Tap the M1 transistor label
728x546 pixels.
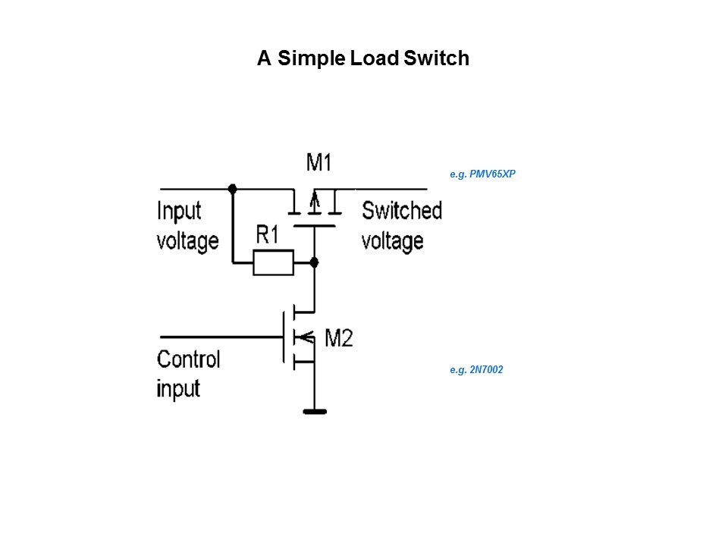coord(319,162)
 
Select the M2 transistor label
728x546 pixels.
coord(338,338)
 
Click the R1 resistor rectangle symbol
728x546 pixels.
coord(272,263)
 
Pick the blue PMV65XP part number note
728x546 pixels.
coord(482,174)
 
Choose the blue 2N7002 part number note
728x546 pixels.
coord(476,370)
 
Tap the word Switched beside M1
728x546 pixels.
coord(401,210)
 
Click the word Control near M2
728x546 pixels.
coord(188,359)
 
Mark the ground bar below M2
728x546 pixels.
coord(314,412)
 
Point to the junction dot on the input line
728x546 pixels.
coord(232,188)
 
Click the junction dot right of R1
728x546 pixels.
coord(315,262)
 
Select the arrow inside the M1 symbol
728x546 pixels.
coord(315,201)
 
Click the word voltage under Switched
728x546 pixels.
coord(392,241)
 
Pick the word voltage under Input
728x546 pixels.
coord(187,241)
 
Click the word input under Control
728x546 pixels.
coord(178,388)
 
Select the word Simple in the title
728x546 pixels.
coord(312,58)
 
